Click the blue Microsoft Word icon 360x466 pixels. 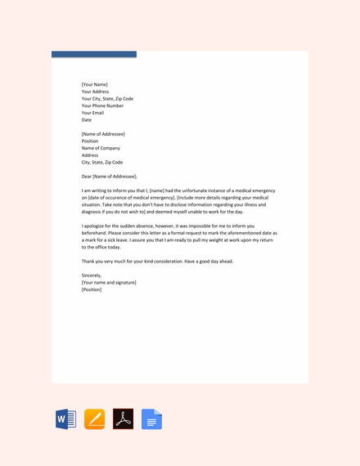[x=65, y=419]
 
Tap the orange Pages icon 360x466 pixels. [x=94, y=419]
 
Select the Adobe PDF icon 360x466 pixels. [x=123, y=419]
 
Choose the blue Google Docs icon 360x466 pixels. [x=151, y=419]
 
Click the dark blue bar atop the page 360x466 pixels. [x=94, y=54]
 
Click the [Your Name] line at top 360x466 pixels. [x=94, y=84]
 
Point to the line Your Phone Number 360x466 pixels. [x=102, y=105]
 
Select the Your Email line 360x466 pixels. [x=92, y=113]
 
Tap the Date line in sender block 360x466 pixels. [x=87, y=120]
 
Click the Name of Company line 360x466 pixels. [x=101, y=148]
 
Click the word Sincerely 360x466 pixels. [x=92, y=276]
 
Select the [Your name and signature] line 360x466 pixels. [x=109, y=282]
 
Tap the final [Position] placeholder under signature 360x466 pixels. [x=92, y=289]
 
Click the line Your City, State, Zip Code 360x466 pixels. [x=107, y=98]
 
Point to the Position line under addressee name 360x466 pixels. [x=90, y=141]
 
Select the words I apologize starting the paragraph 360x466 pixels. [x=95, y=226]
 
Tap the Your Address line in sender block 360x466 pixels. [x=95, y=92]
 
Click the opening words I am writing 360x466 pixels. [x=96, y=190]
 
